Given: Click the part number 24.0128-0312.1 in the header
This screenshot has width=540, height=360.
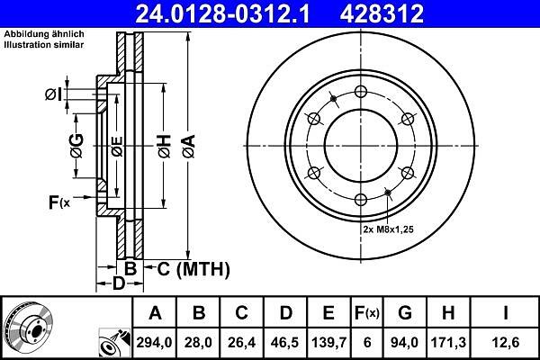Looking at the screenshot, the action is click(223, 13).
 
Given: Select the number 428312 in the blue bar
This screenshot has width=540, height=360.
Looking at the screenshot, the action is click(382, 13).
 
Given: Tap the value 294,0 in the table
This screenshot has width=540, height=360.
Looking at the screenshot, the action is click(154, 342).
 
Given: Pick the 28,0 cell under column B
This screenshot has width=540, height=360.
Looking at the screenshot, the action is click(198, 342).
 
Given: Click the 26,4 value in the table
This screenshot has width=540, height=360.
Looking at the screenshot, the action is click(241, 342).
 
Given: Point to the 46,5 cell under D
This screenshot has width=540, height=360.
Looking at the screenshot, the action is click(284, 342).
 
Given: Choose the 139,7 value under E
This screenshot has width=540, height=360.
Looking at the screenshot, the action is click(328, 342).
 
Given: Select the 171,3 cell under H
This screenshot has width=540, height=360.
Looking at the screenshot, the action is click(448, 342).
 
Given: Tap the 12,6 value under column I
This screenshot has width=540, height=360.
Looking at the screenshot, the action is click(506, 342).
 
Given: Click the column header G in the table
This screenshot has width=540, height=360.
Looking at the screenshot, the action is click(405, 313).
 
